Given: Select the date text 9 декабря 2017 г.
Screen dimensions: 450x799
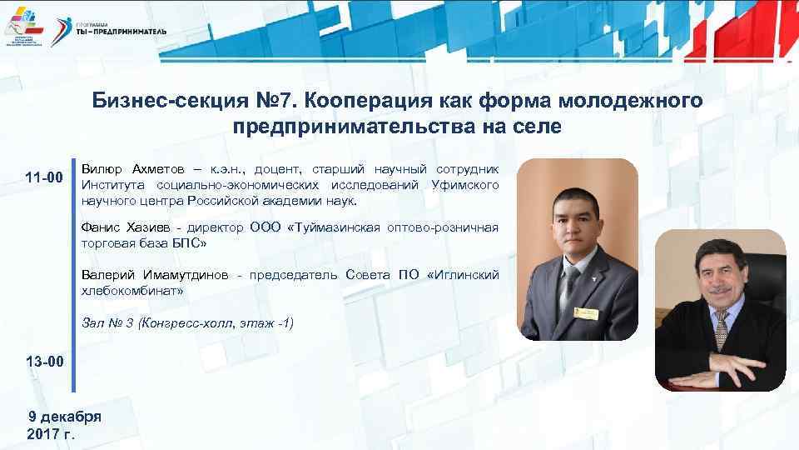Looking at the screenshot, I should coord(64,425).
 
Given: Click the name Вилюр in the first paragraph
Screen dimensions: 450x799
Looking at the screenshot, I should coord(102,169).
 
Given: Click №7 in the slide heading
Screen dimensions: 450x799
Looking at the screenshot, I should coord(273,102).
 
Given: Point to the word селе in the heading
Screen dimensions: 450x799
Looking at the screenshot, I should coord(534,127).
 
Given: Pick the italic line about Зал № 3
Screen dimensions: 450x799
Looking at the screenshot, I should coord(187,322).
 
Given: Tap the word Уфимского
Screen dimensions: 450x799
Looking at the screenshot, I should coord(465,184).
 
